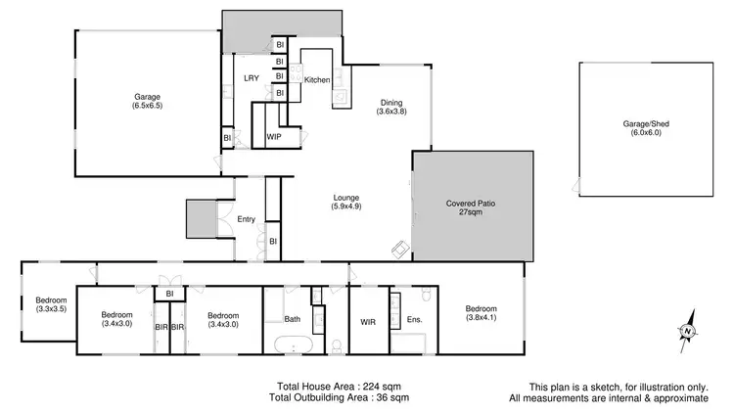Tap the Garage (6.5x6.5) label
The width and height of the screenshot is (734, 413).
click(x=148, y=103)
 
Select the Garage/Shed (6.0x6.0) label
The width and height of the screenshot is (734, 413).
click(x=642, y=130)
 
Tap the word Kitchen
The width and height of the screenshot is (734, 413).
click(x=317, y=79)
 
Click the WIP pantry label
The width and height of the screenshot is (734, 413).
click(x=275, y=137)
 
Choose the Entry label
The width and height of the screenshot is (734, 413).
click(x=247, y=219)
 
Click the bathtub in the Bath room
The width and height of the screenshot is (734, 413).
click(x=295, y=344)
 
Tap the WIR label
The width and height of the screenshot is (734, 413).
click(x=368, y=319)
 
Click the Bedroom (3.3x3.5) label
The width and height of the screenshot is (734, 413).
click(x=51, y=304)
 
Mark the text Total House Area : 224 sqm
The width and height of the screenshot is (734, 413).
click(x=334, y=386)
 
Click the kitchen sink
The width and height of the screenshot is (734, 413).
click(x=341, y=95)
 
